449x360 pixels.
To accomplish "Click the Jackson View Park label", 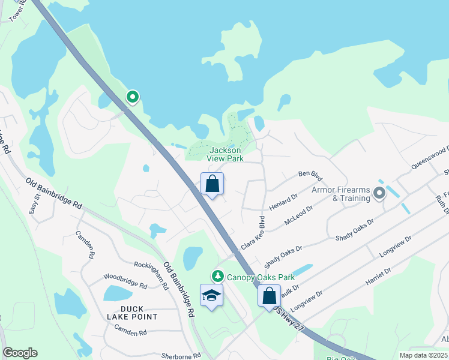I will coord(224,154).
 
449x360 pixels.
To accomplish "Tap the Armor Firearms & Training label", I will coord(340,194).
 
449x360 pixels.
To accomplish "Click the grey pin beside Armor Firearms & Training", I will coord(379,193).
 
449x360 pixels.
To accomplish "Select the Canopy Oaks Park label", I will coord(261,277).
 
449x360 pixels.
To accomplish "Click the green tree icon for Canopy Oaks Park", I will coord(217,277).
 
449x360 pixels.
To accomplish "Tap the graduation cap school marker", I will coord(211,296).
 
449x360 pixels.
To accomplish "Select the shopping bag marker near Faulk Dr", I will coord(270,296).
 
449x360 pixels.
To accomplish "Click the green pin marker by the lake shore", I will coord(132,97).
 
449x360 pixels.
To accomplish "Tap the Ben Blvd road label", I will coord(310,175).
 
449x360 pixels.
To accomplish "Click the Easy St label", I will coord(34,204).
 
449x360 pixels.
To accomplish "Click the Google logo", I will coord(20,353).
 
